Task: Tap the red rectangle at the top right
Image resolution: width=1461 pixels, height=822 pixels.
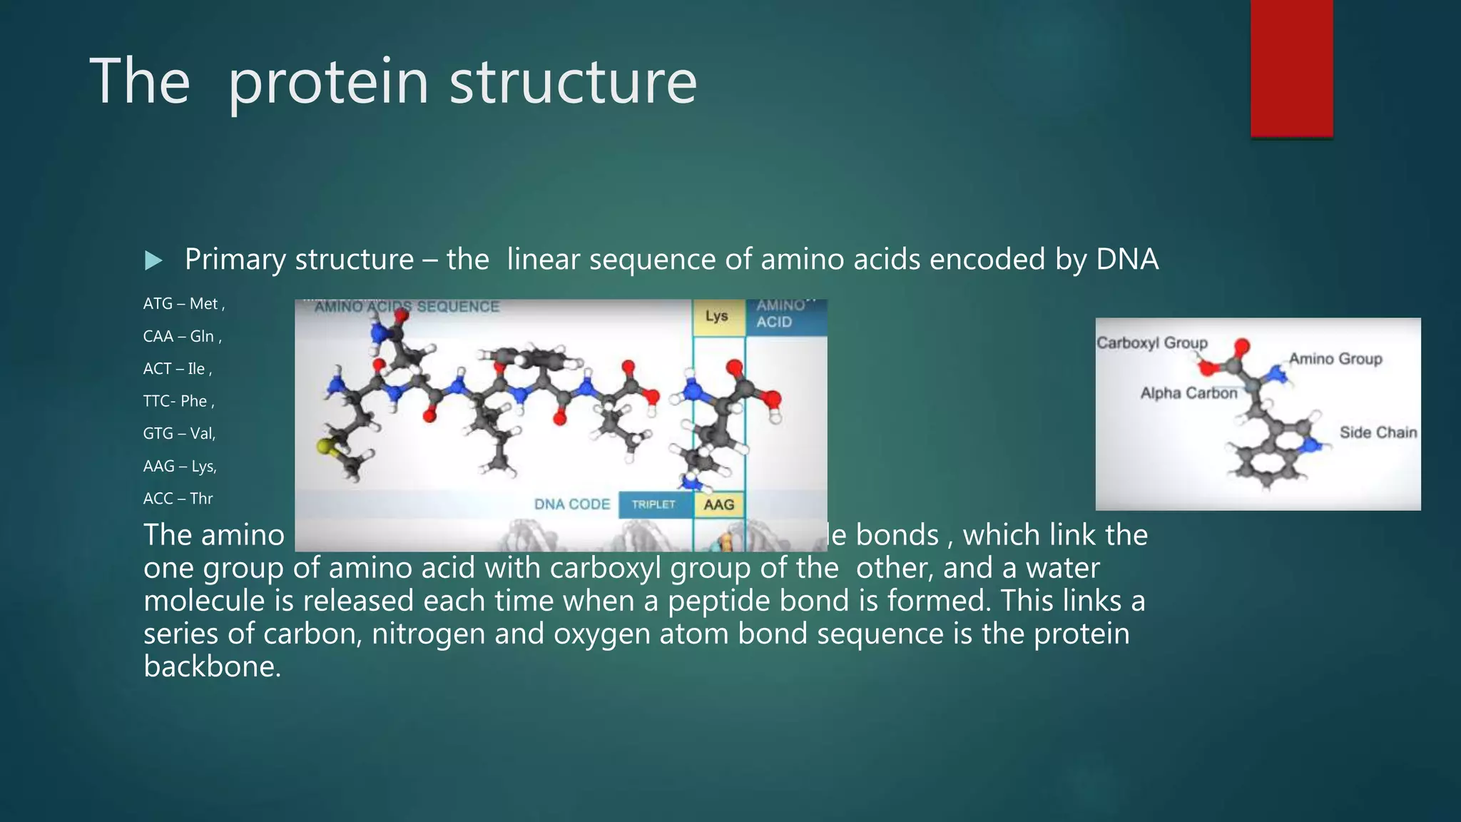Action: tap(1291, 68)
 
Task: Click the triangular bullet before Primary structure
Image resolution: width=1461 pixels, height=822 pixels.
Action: tap(153, 260)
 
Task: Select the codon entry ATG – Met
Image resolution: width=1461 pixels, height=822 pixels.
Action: tap(183, 304)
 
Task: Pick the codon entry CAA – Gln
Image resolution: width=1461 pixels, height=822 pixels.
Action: tap(182, 337)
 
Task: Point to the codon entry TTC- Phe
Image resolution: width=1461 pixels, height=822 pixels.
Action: tap(178, 401)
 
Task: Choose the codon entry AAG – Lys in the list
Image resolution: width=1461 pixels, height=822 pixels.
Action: tap(180, 467)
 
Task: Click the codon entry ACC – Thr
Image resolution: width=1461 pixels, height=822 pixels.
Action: tap(178, 499)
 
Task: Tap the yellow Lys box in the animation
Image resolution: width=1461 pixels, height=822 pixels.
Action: tap(718, 316)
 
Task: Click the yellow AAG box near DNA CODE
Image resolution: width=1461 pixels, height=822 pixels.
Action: tap(719, 504)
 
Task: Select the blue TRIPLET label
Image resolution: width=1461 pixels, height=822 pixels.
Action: tap(653, 504)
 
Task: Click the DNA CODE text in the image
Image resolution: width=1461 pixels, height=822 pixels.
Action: tap(572, 504)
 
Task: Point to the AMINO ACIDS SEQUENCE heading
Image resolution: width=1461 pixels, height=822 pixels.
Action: tap(407, 307)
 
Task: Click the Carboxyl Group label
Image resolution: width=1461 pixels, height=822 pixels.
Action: tap(1151, 342)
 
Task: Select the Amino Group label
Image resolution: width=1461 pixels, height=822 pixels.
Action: tap(1335, 359)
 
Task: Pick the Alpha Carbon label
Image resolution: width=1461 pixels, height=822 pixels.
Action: tap(1188, 393)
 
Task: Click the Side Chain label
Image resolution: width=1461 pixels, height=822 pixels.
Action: tap(1378, 432)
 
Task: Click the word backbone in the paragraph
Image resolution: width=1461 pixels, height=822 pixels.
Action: tap(211, 666)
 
